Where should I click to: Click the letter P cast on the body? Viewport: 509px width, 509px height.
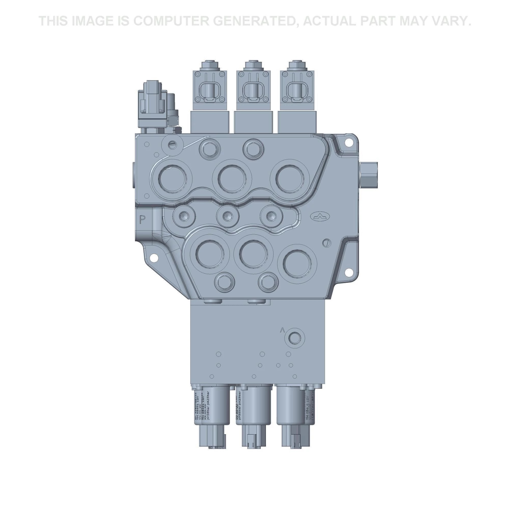[x=142, y=219]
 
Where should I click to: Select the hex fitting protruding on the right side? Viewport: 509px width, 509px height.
[x=369, y=175]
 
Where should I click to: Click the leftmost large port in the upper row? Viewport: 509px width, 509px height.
[x=173, y=178]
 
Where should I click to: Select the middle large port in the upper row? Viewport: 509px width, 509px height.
[x=232, y=178]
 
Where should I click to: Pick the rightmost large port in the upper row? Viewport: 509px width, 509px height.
[x=290, y=178]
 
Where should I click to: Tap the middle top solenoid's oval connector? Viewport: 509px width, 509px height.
[x=253, y=92]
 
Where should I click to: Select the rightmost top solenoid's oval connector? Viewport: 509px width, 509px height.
[x=297, y=92]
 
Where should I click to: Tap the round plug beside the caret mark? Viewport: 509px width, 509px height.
[x=294, y=337]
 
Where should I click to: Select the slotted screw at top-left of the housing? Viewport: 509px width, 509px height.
[x=172, y=144]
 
